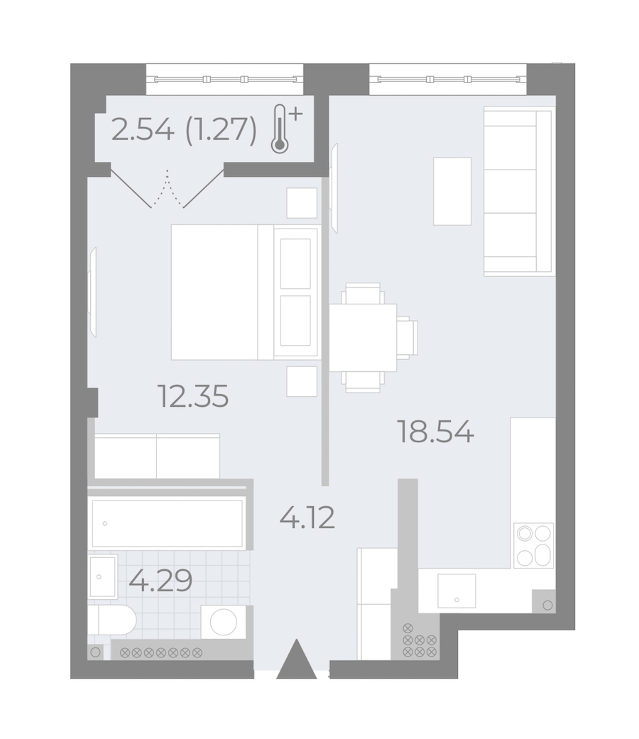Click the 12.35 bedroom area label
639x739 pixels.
click(x=193, y=396)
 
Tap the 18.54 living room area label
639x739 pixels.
click(x=436, y=432)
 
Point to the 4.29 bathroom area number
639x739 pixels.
click(x=160, y=580)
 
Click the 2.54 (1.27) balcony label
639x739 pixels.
click(x=185, y=130)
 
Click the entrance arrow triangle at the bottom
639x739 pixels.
click(x=296, y=659)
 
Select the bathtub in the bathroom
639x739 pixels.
click(x=168, y=523)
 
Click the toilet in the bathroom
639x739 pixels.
click(x=112, y=620)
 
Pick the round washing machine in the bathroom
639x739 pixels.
click(x=224, y=622)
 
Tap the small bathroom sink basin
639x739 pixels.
click(x=102, y=576)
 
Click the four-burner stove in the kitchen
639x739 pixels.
click(x=533, y=545)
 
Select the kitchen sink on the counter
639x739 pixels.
click(x=456, y=591)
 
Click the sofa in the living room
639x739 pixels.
click(x=518, y=190)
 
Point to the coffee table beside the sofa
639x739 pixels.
click(x=452, y=191)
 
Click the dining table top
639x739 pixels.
click(x=362, y=337)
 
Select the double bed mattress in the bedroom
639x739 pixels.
click(x=222, y=292)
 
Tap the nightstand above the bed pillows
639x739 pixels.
click(x=302, y=202)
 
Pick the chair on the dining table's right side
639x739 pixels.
click(x=407, y=337)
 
